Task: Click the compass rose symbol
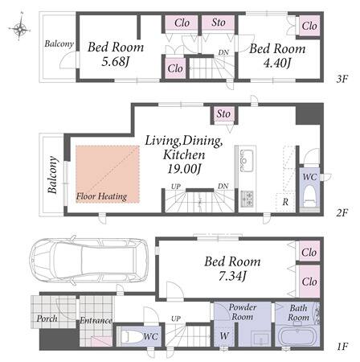19,27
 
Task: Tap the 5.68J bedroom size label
116,62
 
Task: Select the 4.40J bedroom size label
277,64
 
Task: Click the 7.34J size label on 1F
232,276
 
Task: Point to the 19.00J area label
184,169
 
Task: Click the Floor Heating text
101,196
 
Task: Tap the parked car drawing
88,261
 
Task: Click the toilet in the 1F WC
131,337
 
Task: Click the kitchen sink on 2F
246,160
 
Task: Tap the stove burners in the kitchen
247,199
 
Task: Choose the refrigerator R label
285,202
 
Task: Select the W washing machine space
224,335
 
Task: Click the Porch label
47,319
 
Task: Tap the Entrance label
96,320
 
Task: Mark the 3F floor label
342,79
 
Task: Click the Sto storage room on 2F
223,114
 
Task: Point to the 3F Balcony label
59,43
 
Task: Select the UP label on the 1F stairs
176,319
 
